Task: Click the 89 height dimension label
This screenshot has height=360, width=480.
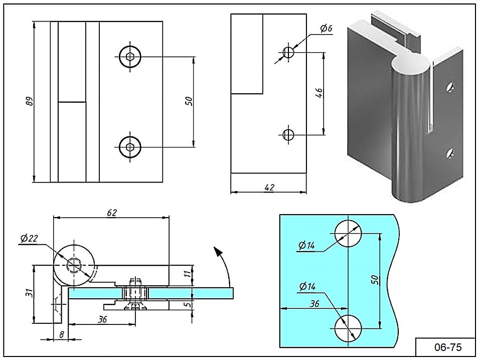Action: (29, 102)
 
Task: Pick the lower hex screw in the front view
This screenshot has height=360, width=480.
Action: (130, 146)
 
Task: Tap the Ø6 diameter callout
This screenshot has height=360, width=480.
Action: (327, 28)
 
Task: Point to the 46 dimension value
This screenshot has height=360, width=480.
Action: (319, 93)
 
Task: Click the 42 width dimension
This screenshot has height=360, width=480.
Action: (269, 187)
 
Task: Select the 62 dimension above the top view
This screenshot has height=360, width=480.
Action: (111, 213)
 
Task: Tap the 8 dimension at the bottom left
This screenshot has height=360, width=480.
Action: (61, 334)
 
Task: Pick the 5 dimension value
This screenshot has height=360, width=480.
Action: (187, 304)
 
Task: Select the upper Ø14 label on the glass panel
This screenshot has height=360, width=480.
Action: (306, 246)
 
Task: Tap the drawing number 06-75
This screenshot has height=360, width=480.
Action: (445, 347)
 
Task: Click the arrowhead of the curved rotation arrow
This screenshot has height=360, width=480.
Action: (217, 250)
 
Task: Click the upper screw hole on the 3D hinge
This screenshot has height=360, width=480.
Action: (450, 87)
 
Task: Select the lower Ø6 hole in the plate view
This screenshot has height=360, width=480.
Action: (288, 134)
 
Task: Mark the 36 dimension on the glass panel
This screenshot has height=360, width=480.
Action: (314, 303)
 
